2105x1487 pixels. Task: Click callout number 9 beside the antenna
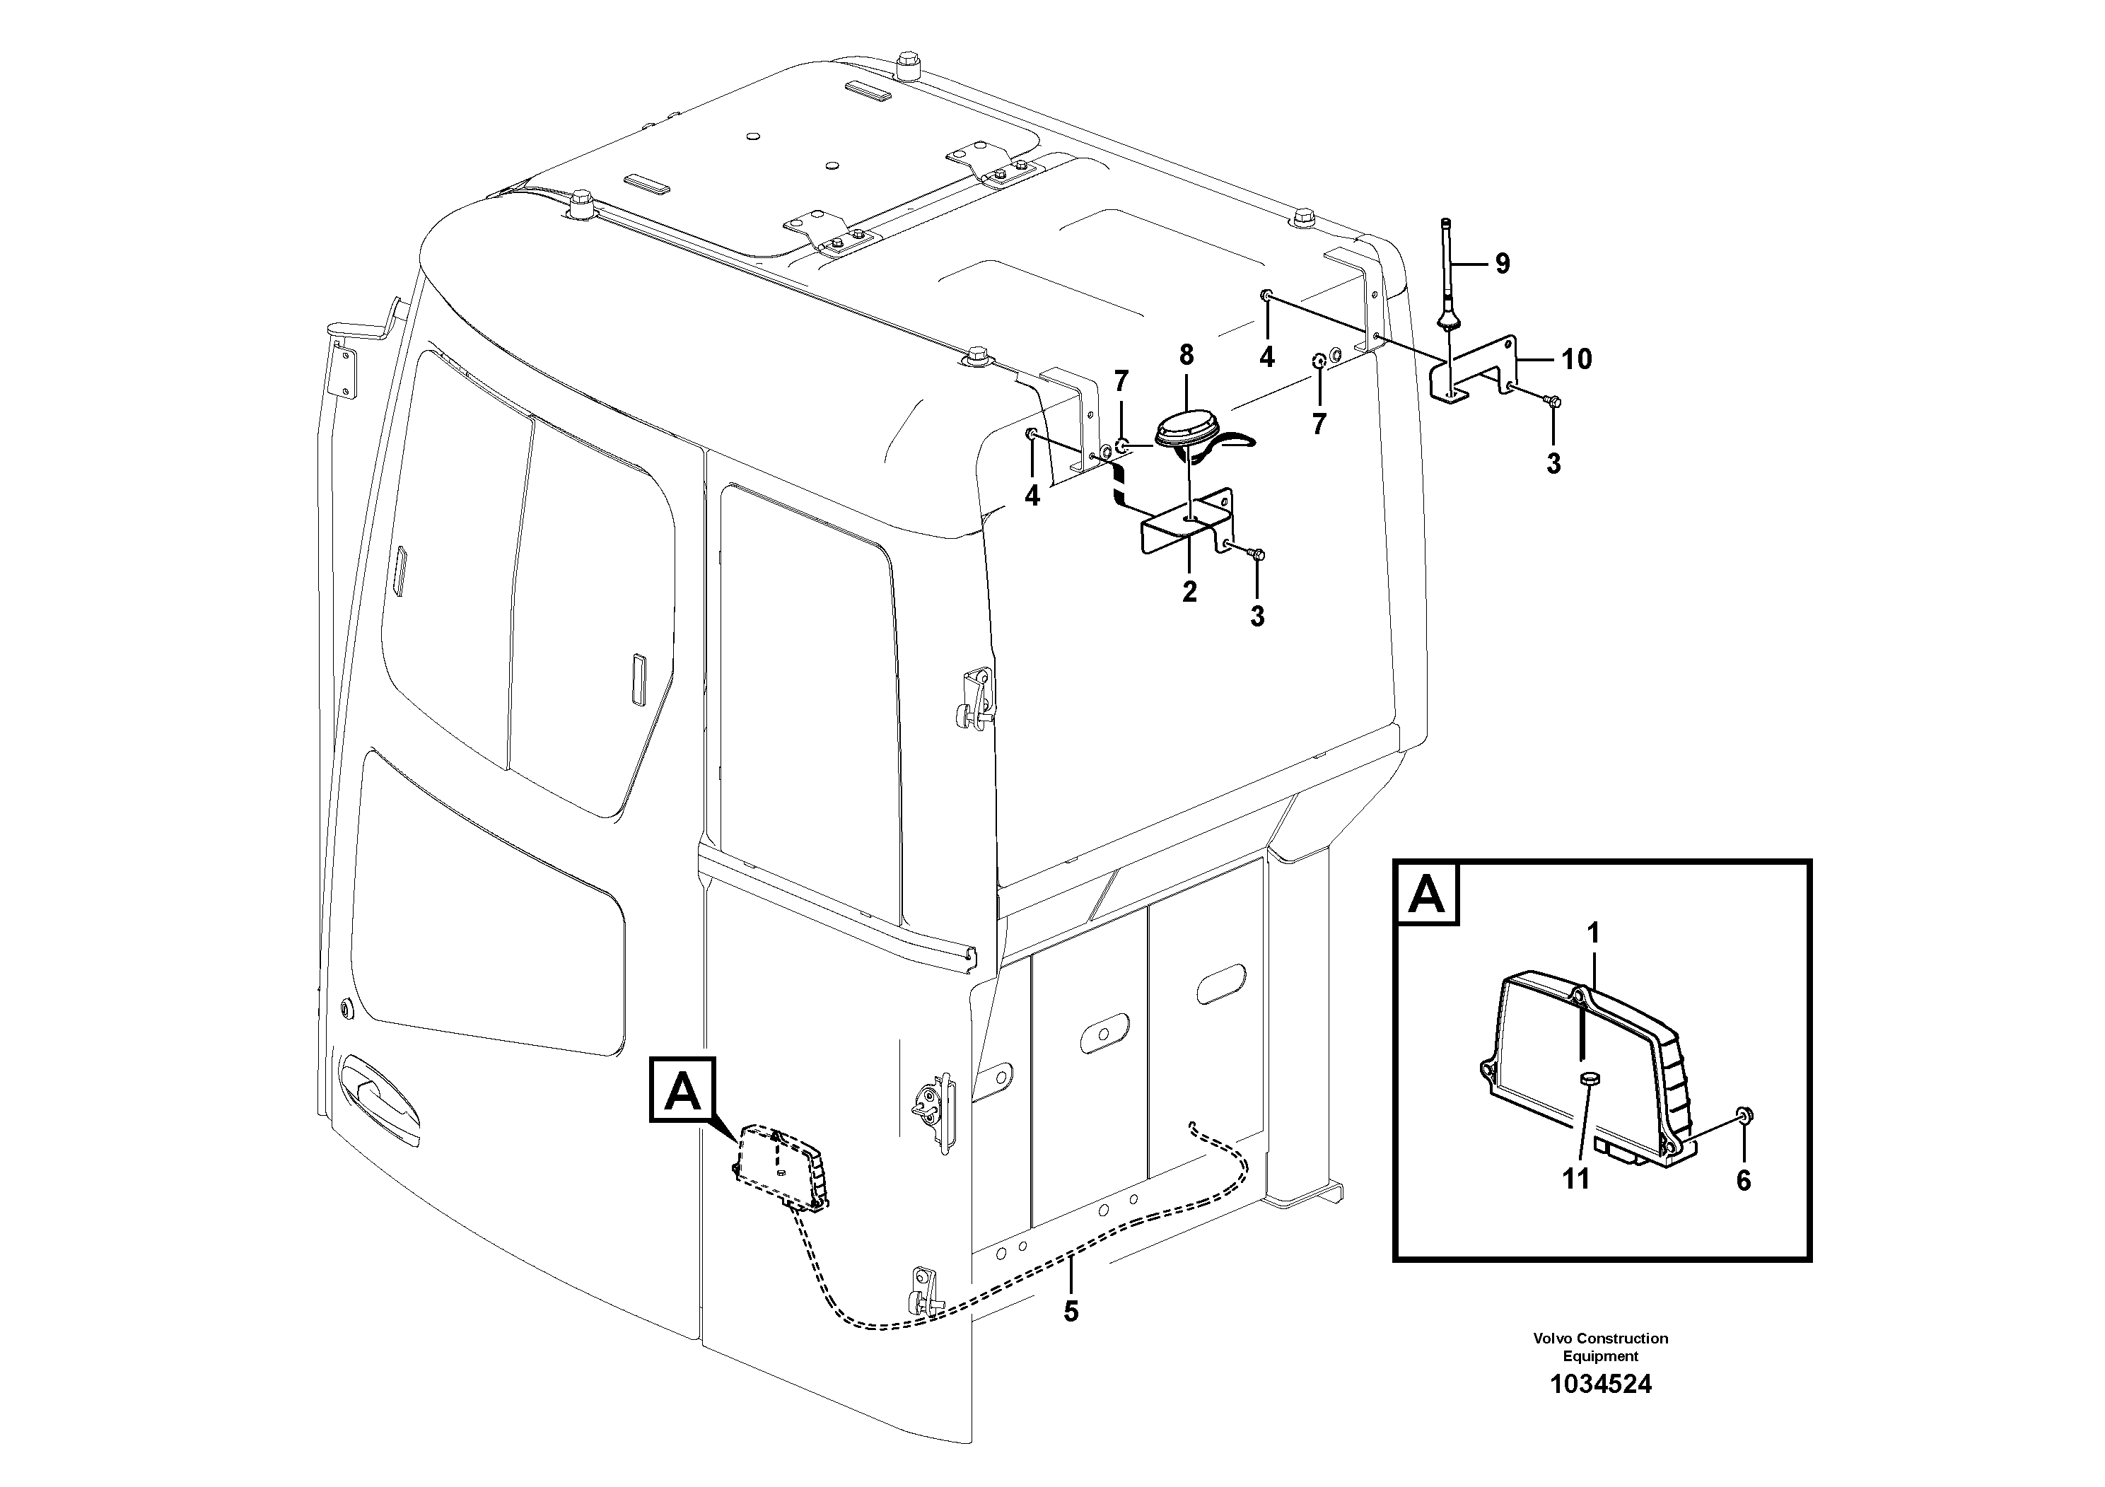[x=1502, y=264]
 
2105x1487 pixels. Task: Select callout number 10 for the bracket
[x=1577, y=359]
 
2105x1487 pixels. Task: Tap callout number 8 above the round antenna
[x=1186, y=354]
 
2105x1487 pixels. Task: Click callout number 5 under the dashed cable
[x=1071, y=1312]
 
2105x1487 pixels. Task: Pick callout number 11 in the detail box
[x=1575, y=1178]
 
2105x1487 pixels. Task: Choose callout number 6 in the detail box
[x=1743, y=1181]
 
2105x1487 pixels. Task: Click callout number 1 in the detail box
[x=1593, y=933]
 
